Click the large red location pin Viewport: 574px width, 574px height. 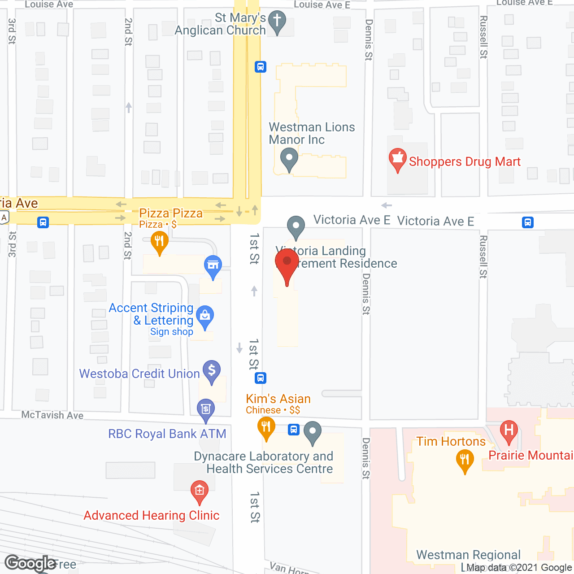(287, 262)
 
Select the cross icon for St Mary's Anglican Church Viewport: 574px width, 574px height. (277, 21)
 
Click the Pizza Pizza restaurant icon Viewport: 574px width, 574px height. (159, 242)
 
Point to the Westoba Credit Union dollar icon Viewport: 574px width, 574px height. (212, 371)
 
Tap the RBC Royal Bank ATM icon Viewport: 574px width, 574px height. (206, 409)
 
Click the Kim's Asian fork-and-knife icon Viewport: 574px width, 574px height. (266, 426)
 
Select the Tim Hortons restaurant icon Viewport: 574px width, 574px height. (465, 460)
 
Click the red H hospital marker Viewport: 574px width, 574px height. (509, 430)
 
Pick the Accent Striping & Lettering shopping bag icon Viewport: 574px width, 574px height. (205, 316)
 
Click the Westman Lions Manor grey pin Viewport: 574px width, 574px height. (289, 158)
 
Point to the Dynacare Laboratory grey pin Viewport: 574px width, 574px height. (313, 431)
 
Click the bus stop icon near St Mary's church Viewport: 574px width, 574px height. (261, 67)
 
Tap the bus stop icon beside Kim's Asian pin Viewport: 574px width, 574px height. (294, 430)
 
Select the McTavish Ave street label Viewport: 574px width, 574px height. (52, 415)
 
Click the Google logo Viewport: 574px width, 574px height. (30, 563)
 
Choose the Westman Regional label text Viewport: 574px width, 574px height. (468, 555)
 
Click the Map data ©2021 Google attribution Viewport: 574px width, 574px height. (519, 568)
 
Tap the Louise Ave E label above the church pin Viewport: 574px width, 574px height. (322, 4)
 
